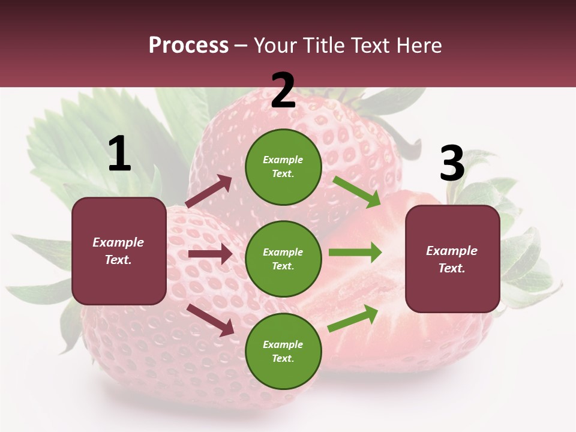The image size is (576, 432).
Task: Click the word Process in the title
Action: click(188, 46)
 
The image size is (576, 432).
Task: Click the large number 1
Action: click(119, 154)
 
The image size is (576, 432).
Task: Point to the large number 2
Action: click(283, 91)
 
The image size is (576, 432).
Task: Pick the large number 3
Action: click(452, 164)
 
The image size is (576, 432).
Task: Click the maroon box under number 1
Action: click(119, 251)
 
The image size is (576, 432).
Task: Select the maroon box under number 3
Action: click(452, 259)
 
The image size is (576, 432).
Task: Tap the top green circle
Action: click(283, 167)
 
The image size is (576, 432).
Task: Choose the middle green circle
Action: click(283, 259)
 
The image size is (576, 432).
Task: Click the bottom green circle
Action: click(283, 351)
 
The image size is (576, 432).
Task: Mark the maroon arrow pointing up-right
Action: click(209, 191)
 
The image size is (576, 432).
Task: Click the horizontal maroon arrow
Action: click(210, 254)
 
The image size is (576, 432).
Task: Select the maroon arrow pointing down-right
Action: click(210, 320)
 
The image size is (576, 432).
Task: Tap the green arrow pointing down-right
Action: click(357, 191)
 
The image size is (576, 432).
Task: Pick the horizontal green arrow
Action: click(355, 253)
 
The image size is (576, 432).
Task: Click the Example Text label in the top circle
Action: click(283, 167)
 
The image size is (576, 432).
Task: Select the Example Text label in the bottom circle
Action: click(283, 351)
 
